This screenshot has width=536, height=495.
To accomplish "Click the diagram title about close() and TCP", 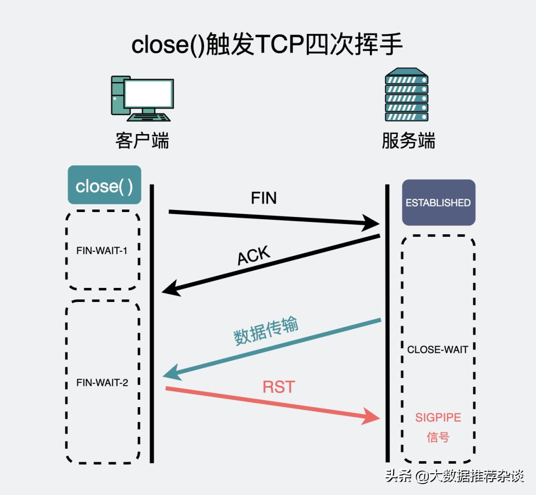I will [267, 45].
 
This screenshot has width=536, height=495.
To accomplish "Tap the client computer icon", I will [142, 98].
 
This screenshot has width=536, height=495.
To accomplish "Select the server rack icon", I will [406, 97].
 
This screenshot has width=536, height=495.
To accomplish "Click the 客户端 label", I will [142, 141].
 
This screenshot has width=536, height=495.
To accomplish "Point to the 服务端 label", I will [408, 141].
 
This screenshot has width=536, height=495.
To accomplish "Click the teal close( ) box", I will [104, 186].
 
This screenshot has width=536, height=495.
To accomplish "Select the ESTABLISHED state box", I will [438, 203].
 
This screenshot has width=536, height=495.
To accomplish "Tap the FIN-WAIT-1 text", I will [102, 251].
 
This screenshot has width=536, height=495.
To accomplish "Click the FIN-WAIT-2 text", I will [102, 383].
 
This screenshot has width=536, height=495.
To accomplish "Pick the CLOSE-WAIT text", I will [437, 350].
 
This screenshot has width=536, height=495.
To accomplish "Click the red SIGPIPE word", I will [438, 418].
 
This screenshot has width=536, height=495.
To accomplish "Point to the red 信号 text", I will [438, 437].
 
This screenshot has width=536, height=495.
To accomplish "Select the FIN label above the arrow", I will [264, 198].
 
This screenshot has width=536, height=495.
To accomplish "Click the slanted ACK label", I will [254, 257].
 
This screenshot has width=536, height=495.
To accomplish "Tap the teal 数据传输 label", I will [266, 330].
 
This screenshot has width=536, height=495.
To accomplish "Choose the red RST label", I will [278, 387].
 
